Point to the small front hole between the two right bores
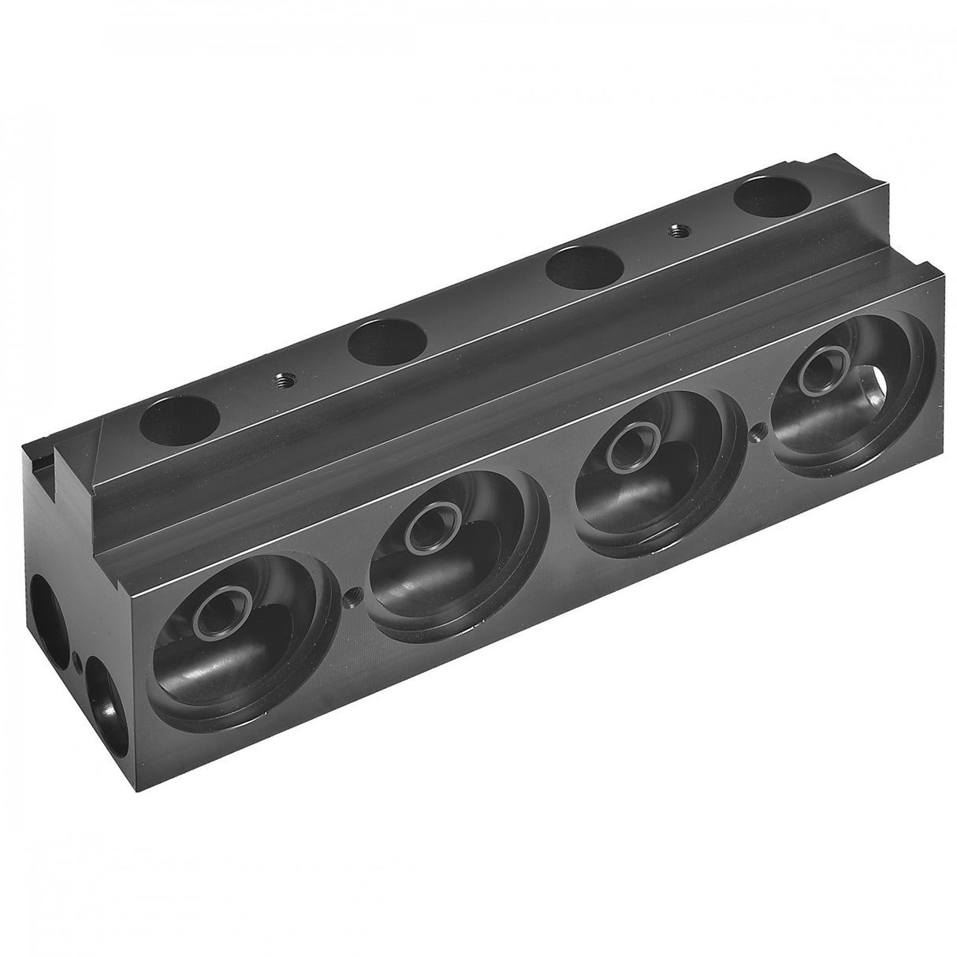click(758, 430)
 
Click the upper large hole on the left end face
click(49, 612)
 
